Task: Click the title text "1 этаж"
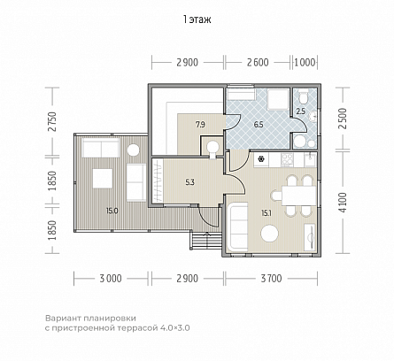tap(197, 19)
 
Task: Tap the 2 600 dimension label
tap(258, 63)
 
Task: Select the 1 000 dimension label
tap(305, 63)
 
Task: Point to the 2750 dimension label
tap(52, 122)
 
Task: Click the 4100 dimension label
tap(343, 203)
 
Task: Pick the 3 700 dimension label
tap(271, 279)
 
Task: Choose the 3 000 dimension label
tap(111, 279)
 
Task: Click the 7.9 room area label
tap(200, 125)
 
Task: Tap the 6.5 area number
tap(259, 125)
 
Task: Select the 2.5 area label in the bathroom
tap(300, 111)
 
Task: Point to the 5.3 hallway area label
tap(190, 182)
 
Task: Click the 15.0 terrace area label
tap(112, 211)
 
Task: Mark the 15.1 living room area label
tap(267, 213)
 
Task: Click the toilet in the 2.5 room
tap(303, 96)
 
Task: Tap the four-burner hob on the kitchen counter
tap(287, 160)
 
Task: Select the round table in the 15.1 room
tap(269, 234)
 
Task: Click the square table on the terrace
tap(103, 179)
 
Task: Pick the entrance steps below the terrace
tap(206, 242)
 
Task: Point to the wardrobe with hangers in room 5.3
tap(158, 180)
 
